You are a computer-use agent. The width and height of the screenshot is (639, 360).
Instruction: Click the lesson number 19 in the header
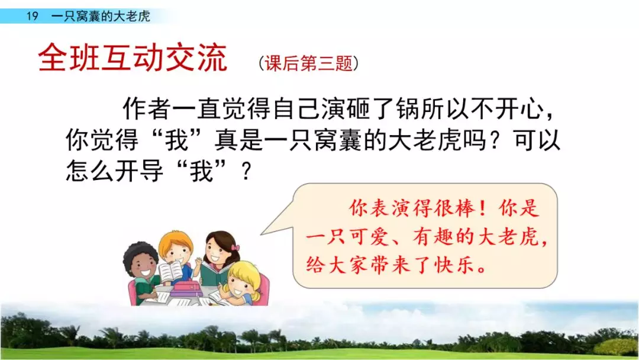click(x=32, y=16)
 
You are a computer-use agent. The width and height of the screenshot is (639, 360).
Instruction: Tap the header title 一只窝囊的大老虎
click(x=100, y=16)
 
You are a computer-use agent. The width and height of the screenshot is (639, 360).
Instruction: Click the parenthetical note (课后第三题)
click(x=308, y=63)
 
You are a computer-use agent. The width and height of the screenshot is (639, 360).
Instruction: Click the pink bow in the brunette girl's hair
click(x=235, y=247)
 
